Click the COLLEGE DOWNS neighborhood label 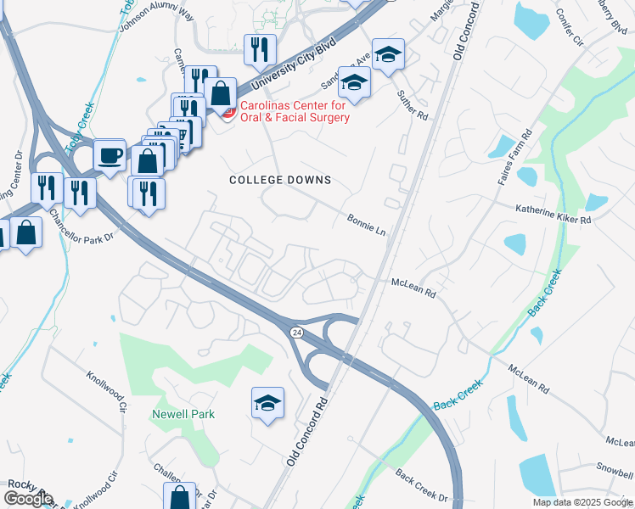point(280,180)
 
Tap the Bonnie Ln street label point(366,224)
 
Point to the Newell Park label point(183,414)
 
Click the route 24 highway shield point(295,330)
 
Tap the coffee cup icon point(109,155)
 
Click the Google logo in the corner point(28,498)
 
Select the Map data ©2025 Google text point(583,502)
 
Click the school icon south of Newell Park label point(267,404)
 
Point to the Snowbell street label point(614,467)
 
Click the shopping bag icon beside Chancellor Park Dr point(25,232)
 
